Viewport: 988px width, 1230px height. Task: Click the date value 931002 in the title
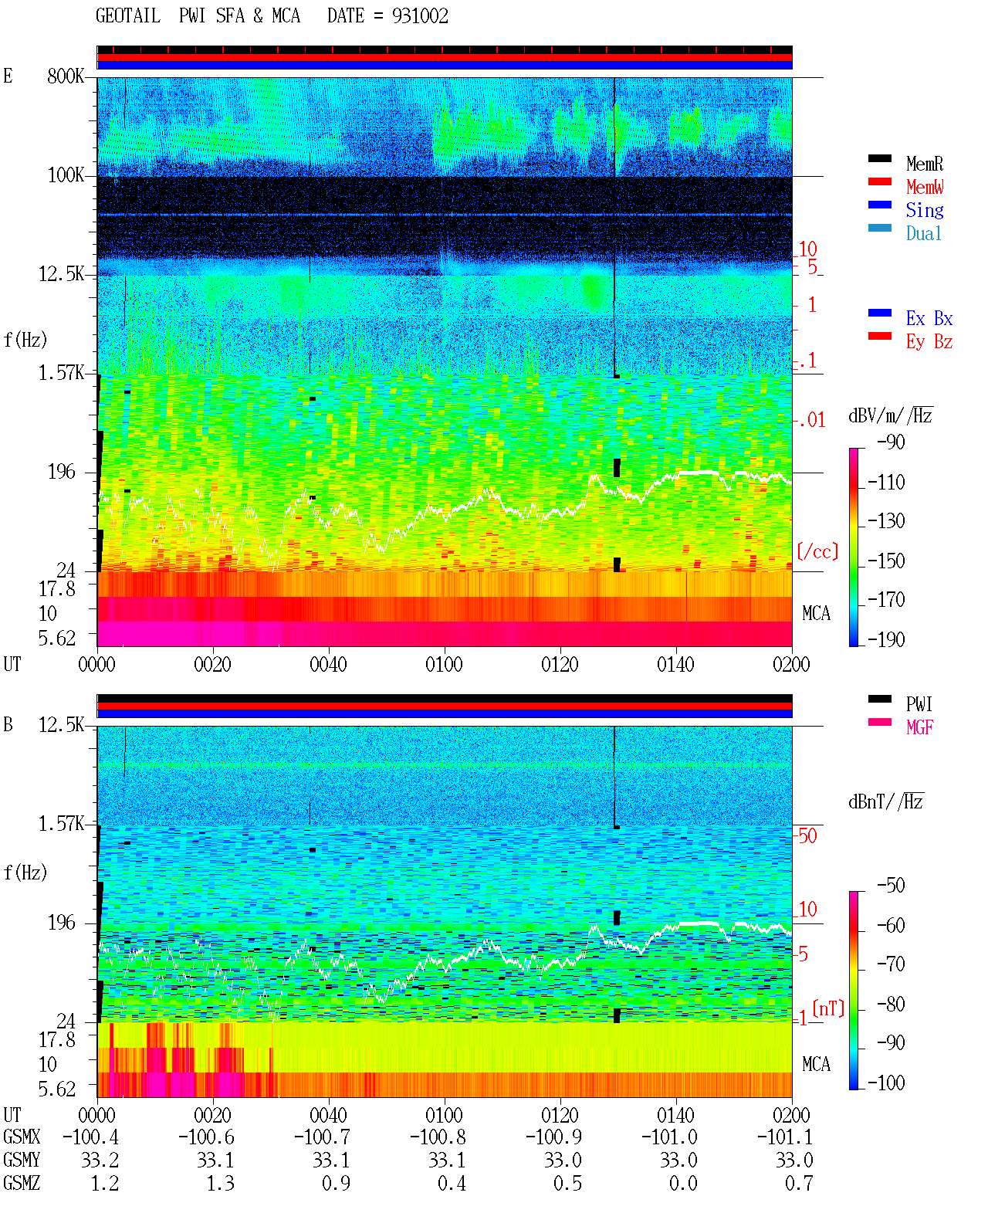420,16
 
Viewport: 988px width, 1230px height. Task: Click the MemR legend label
925,164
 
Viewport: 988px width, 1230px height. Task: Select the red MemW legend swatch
879,181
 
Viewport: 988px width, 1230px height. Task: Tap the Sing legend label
925,210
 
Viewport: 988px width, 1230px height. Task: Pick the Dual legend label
924,233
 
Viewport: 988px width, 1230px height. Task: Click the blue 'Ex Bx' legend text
929,318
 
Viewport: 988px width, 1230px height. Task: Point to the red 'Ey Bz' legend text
929,342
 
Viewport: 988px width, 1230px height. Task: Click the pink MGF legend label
919,727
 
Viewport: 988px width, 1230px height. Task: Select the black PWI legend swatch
879,699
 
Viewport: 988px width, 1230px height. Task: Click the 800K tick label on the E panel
66,76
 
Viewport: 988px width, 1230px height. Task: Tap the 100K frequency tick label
66,175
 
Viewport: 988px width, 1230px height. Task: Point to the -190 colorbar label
886,639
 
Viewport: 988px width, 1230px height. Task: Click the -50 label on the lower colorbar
891,886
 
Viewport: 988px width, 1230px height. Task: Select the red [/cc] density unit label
817,551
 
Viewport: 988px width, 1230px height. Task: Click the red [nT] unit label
828,1008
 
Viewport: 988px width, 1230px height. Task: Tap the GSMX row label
22,1137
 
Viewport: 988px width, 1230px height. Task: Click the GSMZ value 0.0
683,1183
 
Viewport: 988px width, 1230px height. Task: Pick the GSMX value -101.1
785,1137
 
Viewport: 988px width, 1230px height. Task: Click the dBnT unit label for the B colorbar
885,802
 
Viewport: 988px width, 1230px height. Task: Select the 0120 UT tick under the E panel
560,664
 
